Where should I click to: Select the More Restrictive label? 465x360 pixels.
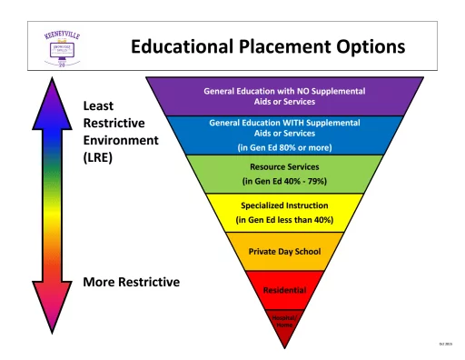(x=132, y=281)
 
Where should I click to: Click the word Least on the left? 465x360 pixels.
(x=101, y=105)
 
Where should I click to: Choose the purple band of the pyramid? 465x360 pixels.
(x=285, y=95)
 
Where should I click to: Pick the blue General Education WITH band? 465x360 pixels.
(x=285, y=126)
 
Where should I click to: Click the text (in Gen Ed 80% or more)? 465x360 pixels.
(x=285, y=147)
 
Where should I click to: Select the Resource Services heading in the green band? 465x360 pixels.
(x=285, y=168)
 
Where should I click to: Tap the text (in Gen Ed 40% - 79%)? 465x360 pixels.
(x=285, y=182)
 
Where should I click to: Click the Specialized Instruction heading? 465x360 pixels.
(x=285, y=205)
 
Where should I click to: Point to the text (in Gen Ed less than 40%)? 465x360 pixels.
(x=285, y=219)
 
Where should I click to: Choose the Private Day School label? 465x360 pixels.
(x=285, y=252)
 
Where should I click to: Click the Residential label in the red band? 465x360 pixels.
(x=285, y=290)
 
